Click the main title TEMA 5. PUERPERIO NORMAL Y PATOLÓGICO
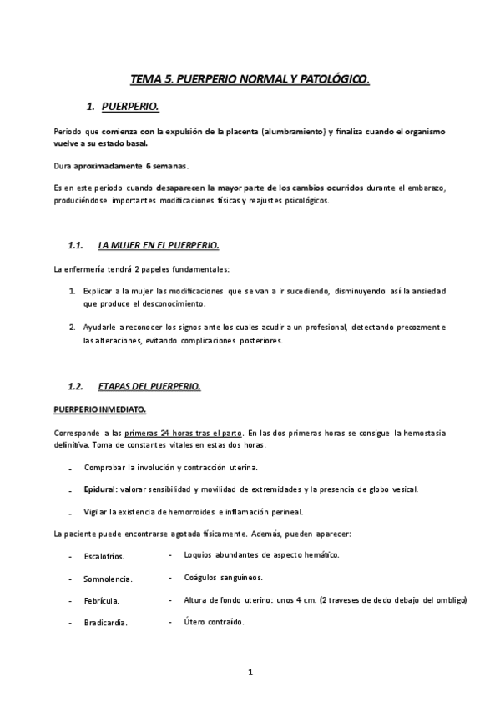[x=250, y=79]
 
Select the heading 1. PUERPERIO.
[x=129, y=107]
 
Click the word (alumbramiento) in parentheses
[x=293, y=133]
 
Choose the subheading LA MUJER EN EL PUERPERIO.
[x=158, y=245]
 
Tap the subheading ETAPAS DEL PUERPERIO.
[x=149, y=387]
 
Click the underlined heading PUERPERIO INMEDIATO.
[x=99, y=409]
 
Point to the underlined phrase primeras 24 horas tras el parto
[x=184, y=434]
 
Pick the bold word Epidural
[x=100, y=489]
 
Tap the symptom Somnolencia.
[x=109, y=579]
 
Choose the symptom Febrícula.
[x=101, y=600]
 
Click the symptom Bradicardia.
[x=105, y=622]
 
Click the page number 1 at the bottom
[x=250, y=671]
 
